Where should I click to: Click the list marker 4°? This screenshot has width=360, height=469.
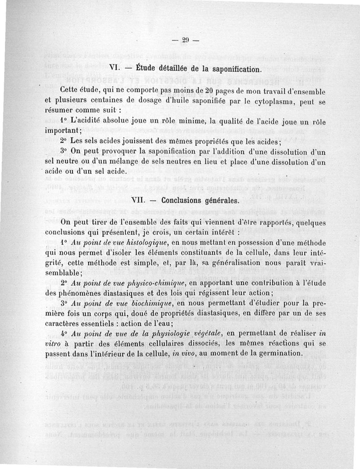coord(63,334)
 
